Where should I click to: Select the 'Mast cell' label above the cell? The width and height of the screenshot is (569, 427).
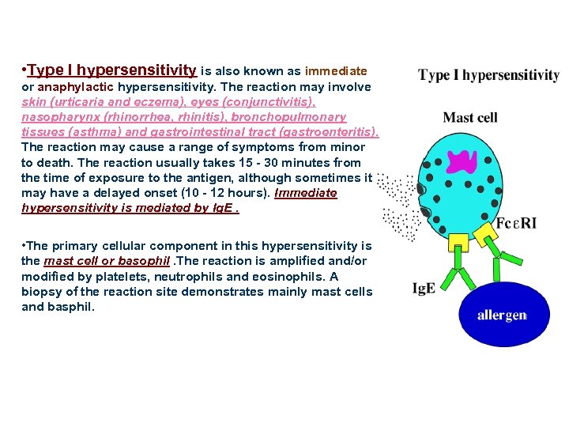pyautogui.click(x=470, y=118)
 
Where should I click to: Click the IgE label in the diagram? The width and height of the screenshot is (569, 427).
pyautogui.click(x=424, y=289)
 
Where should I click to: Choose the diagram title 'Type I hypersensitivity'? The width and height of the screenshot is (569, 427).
pyautogui.click(x=488, y=76)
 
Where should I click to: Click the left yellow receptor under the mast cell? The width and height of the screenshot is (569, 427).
pyautogui.click(x=458, y=244)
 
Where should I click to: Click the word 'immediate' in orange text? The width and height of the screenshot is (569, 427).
pyautogui.click(x=336, y=70)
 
